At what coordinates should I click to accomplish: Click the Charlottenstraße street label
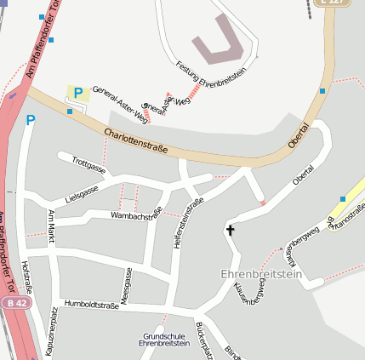136,141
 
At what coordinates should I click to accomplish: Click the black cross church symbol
229,230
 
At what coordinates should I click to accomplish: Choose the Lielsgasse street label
85,192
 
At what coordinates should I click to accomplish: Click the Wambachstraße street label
136,216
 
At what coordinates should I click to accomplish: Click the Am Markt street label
51,226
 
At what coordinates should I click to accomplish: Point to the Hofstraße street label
28,277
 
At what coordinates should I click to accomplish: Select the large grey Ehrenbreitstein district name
261,274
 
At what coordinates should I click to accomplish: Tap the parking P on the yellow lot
78,93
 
